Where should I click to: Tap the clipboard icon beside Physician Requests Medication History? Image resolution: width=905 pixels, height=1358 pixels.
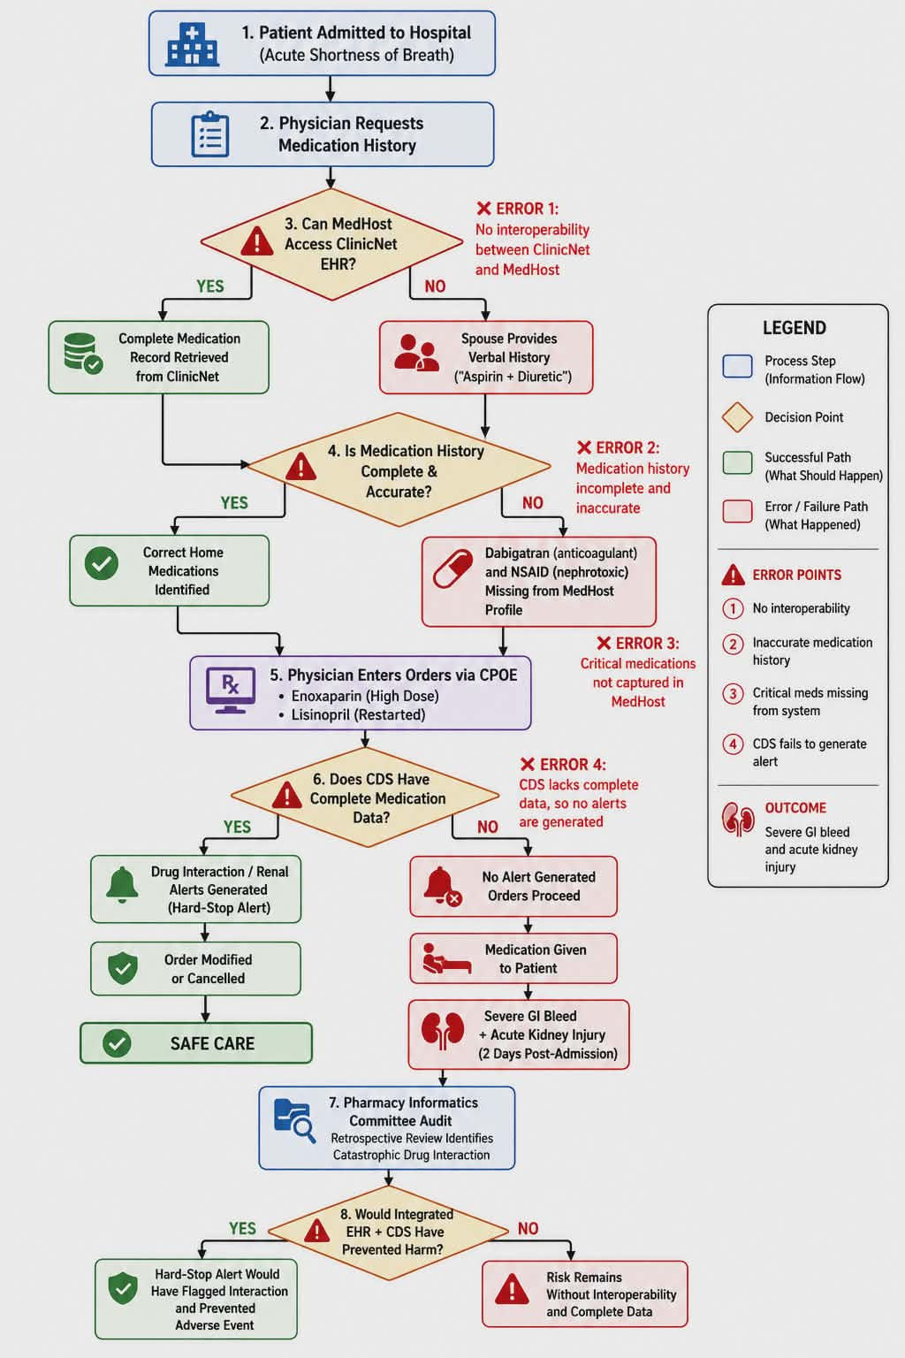[210, 134]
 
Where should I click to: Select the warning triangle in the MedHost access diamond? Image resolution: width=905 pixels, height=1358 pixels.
[257, 240]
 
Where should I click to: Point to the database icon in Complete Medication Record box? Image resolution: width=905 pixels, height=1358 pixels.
[83, 353]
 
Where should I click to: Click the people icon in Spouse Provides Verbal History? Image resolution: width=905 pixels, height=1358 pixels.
[416, 353]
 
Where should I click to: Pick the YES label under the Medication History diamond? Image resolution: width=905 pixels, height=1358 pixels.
[234, 502]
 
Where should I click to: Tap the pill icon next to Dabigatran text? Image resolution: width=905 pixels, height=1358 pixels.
[452, 568]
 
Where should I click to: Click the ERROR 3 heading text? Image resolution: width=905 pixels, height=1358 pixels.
[638, 644]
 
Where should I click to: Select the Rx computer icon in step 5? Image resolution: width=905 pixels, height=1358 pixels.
[231, 690]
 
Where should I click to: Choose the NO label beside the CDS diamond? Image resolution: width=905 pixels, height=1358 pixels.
[487, 827]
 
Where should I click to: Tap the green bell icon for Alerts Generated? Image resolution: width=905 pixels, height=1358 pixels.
[122, 885]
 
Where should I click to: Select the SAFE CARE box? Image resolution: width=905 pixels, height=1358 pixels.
[196, 1042]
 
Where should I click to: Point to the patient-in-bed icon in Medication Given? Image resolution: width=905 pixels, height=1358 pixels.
[446, 958]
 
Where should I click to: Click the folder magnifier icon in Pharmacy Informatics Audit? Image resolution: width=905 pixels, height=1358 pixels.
[294, 1121]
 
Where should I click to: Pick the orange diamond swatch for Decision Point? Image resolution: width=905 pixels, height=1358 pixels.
[737, 417]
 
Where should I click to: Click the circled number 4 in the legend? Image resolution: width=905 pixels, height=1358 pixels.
[733, 744]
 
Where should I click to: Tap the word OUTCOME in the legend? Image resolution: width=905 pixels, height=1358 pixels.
[795, 807]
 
